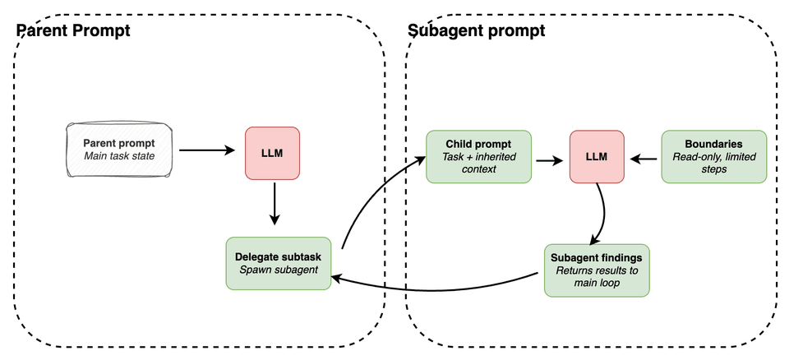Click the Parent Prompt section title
[74, 30]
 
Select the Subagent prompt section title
[476, 30]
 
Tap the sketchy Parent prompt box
[119, 150]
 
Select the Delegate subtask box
[278, 263]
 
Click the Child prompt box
[478, 156]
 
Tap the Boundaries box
[714, 156]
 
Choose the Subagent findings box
[598, 270]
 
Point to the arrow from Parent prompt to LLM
[207, 150]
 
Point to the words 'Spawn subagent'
[278, 270]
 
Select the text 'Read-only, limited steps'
[714, 164]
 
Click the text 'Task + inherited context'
[478, 164]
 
